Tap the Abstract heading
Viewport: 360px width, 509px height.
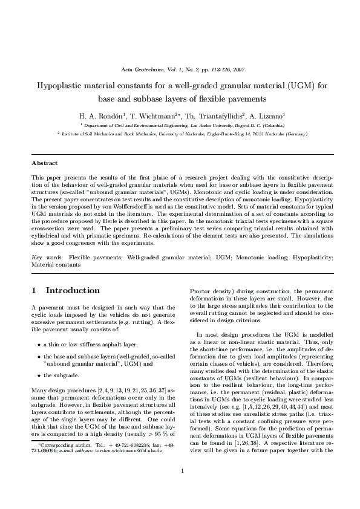tap(45, 163)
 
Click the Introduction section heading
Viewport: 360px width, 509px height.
tap(73, 290)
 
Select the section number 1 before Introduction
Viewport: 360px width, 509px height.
tap(34, 290)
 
